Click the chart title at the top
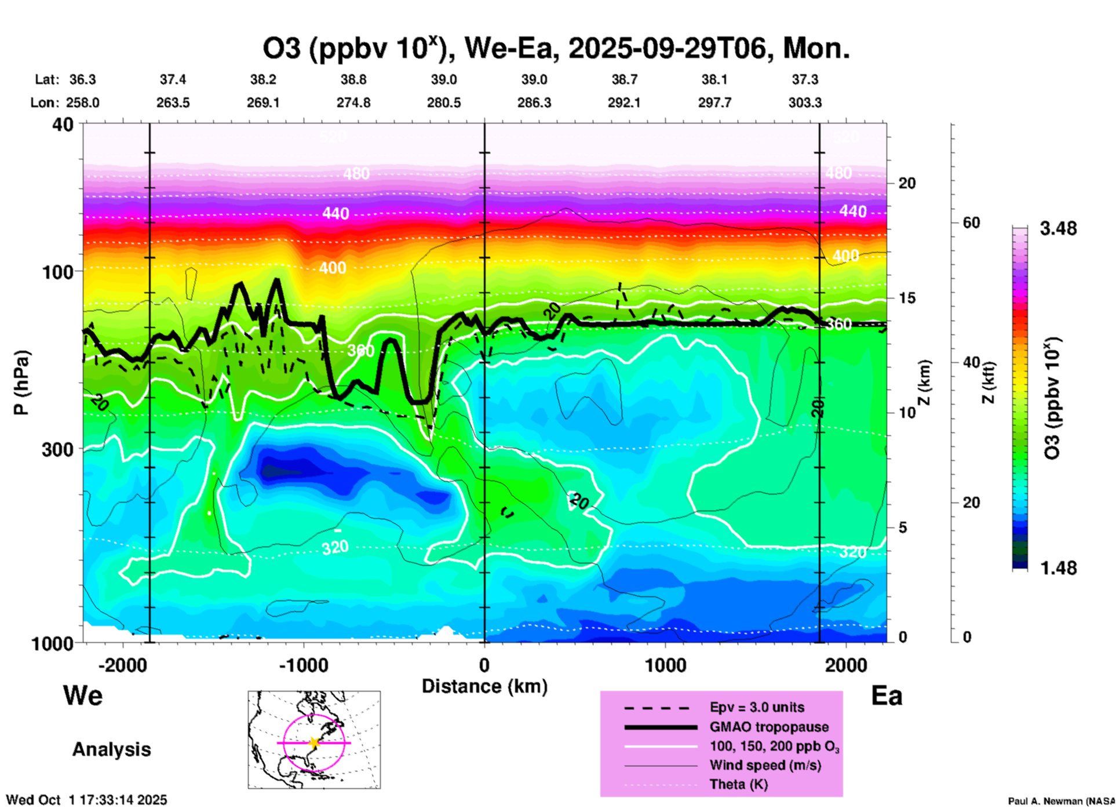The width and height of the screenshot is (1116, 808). (x=556, y=48)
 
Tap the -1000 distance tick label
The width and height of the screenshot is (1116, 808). (x=304, y=665)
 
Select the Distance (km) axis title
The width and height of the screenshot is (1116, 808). (x=484, y=686)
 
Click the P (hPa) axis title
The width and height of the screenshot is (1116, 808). (x=21, y=383)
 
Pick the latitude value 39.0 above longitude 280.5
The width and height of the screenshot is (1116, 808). (x=444, y=79)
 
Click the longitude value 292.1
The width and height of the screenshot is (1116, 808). (x=624, y=103)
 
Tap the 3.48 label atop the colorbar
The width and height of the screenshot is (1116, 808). (x=1058, y=229)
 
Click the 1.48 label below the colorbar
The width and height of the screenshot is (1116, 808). (x=1058, y=568)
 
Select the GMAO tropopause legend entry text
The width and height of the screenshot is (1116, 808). (x=769, y=727)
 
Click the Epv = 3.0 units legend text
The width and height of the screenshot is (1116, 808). (x=757, y=707)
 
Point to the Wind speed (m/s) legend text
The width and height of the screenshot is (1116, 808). (x=765, y=765)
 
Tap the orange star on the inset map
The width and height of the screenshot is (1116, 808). (x=314, y=743)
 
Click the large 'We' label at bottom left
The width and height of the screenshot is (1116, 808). (x=83, y=695)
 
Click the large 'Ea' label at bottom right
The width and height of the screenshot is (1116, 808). (x=887, y=696)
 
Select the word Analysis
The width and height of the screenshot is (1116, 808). (x=111, y=749)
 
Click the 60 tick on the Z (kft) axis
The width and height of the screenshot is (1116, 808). (x=971, y=223)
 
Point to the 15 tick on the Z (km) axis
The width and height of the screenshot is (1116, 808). (x=907, y=298)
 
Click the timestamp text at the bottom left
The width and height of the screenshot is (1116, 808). (x=86, y=800)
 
